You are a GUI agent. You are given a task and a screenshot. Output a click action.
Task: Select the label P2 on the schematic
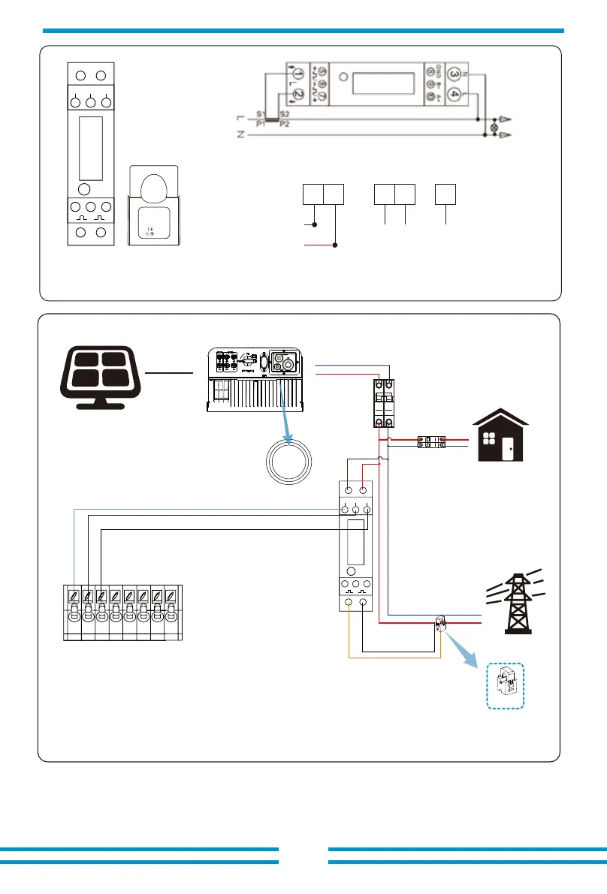[284, 124]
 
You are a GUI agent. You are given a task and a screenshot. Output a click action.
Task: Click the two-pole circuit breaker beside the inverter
[385, 404]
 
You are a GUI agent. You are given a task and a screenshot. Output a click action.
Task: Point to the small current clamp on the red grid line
[441, 623]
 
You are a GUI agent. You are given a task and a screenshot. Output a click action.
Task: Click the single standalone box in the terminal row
[445, 194]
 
